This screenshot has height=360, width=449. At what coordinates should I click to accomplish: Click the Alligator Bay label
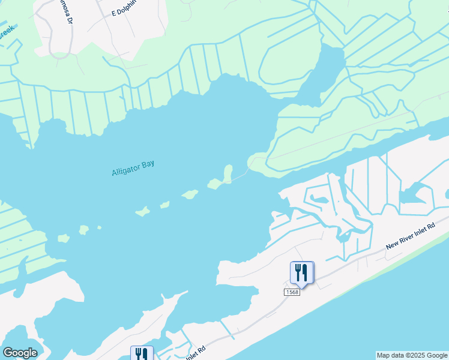coord(133,167)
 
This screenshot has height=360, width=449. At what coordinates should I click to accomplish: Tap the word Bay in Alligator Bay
coord(148,164)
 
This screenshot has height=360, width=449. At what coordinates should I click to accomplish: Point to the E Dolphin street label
coord(124,11)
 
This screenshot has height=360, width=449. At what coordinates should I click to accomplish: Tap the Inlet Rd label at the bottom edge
coord(194,350)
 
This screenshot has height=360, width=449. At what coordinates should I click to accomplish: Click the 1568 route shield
coord(292,292)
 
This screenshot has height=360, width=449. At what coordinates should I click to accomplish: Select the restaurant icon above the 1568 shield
coord(300,272)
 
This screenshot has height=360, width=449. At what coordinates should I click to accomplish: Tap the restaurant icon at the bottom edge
coord(141,354)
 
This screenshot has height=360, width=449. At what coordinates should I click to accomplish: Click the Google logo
coord(20,353)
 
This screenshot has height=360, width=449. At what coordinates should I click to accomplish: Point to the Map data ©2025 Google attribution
coord(412,355)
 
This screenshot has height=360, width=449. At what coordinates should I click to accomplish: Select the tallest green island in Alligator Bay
coord(228,173)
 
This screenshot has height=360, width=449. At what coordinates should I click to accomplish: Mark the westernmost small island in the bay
coord(64,238)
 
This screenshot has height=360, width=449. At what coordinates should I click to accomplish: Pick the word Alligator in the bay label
coord(125,170)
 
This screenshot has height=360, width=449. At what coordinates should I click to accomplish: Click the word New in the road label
coord(393,245)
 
